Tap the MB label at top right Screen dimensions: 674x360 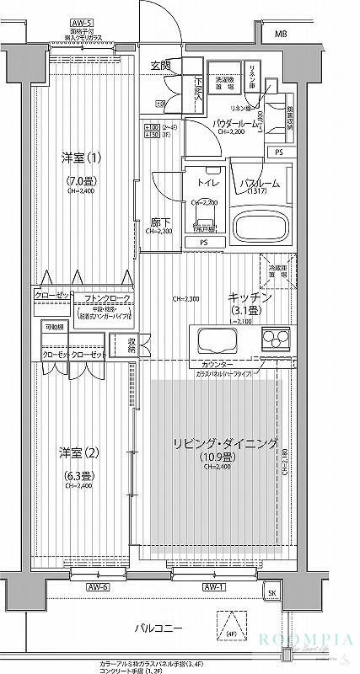coord(280,34)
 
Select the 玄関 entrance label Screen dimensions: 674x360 coord(161,65)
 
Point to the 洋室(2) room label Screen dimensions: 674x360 coord(78,452)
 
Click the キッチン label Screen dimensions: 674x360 coord(250,297)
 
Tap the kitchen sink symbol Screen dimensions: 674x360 coord(220,341)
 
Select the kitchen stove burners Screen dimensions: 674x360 coord(275,340)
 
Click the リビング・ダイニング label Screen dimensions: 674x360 coord(225,444)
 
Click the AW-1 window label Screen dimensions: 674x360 coord(212,586)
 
